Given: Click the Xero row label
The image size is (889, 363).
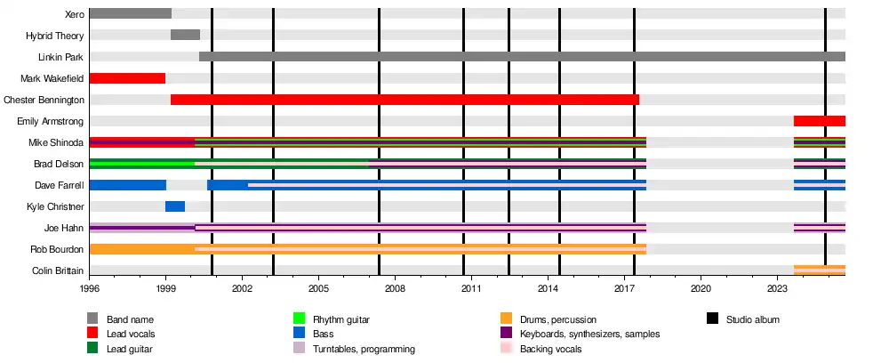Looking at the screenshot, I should (75, 14).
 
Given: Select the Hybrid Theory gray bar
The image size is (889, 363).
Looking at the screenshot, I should (185, 35).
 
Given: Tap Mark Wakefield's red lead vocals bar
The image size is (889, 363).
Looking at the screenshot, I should (127, 78).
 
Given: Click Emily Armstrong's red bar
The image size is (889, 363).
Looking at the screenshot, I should (819, 121).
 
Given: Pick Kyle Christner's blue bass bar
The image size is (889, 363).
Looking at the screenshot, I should (175, 206).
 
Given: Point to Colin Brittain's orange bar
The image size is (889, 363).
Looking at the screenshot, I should (819, 270).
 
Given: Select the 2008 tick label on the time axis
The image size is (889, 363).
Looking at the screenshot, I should (395, 289).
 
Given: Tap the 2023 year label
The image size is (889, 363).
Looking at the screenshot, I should (777, 289).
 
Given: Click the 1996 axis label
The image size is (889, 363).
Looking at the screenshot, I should (90, 289).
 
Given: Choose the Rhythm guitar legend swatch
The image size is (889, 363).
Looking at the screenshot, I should (300, 319).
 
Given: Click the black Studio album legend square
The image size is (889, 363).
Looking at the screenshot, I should (713, 319).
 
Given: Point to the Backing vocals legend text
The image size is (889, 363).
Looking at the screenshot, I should (550, 349).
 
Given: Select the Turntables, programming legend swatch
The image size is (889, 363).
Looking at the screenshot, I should (300, 349).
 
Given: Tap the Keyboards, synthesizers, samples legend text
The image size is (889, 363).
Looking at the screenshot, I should (589, 334).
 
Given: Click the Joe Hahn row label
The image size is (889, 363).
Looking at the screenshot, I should (65, 228).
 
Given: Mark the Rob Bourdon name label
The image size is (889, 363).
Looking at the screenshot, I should (60, 249).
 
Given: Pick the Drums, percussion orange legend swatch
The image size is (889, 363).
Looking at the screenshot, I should (507, 319).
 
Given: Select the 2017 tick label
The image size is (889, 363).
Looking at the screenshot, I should (624, 289).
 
